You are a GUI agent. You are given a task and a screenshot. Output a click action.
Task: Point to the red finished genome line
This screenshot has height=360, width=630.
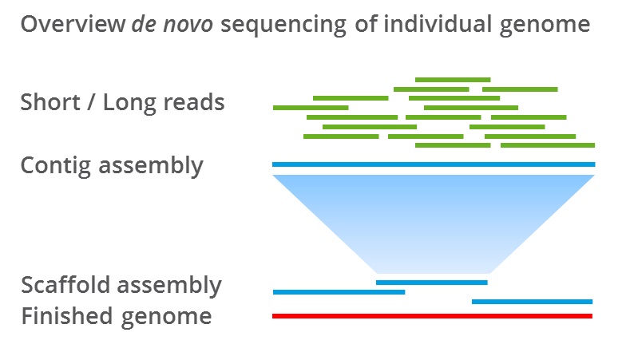point(432,316)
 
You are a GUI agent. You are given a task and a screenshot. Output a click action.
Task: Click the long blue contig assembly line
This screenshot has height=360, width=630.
point(434,164)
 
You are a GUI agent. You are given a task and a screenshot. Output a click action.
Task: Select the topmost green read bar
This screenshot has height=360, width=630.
point(453,80)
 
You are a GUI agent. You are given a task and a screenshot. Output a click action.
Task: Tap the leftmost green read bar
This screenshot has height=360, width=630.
point(311,107)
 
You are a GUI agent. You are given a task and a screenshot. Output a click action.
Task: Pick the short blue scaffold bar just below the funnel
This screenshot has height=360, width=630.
point(431,283)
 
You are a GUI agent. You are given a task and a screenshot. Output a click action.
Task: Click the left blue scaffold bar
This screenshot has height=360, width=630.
point(339,292)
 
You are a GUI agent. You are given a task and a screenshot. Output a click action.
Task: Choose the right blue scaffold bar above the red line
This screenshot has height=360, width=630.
point(532,302)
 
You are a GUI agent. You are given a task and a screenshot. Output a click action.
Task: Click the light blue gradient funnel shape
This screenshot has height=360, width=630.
point(434,220)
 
